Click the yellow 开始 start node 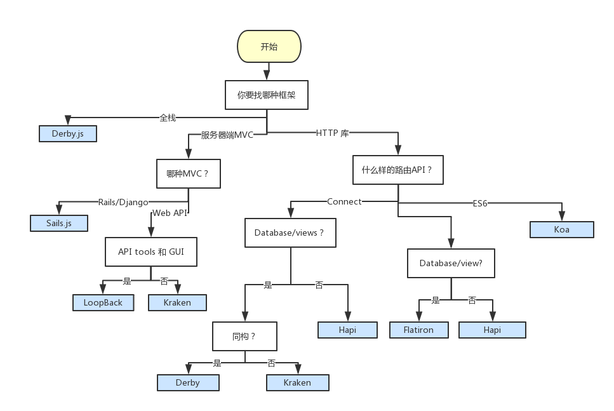pyautogui.click(x=269, y=47)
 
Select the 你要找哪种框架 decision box pyautogui.click(x=267, y=95)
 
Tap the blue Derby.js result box pyautogui.click(x=67, y=134)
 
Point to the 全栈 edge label pyautogui.click(x=168, y=118)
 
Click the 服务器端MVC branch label pyautogui.click(x=227, y=135)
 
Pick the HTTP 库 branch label pyautogui.click(x=333, y=133)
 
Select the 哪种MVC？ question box pyautogui.click(x=188, y=173)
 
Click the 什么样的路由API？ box pyautogui.click(x=397, y=170)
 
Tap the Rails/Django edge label pyautogui.click(x=123, y=202)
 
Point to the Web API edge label pyautogui.click(x=170, y=213)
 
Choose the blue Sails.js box pyautogui.click(x=58, y=223)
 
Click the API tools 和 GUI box pyautogui.click(x=150, y=252)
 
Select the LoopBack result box pyautogui.click(x=103, y=302)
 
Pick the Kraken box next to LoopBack pyautogui.click(x=177, y=302)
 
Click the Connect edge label pyautogui.click(x=344, y=201)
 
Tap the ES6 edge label pyautogui.click(x=480, y=204)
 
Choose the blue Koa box pyautogui.click(x=561, y=229)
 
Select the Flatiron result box pyautogui.click(x=419, y=330)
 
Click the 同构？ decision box pyautogui.click(x=244, y=336)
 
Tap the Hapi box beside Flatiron pyautogui.click(x=492, y=330)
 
